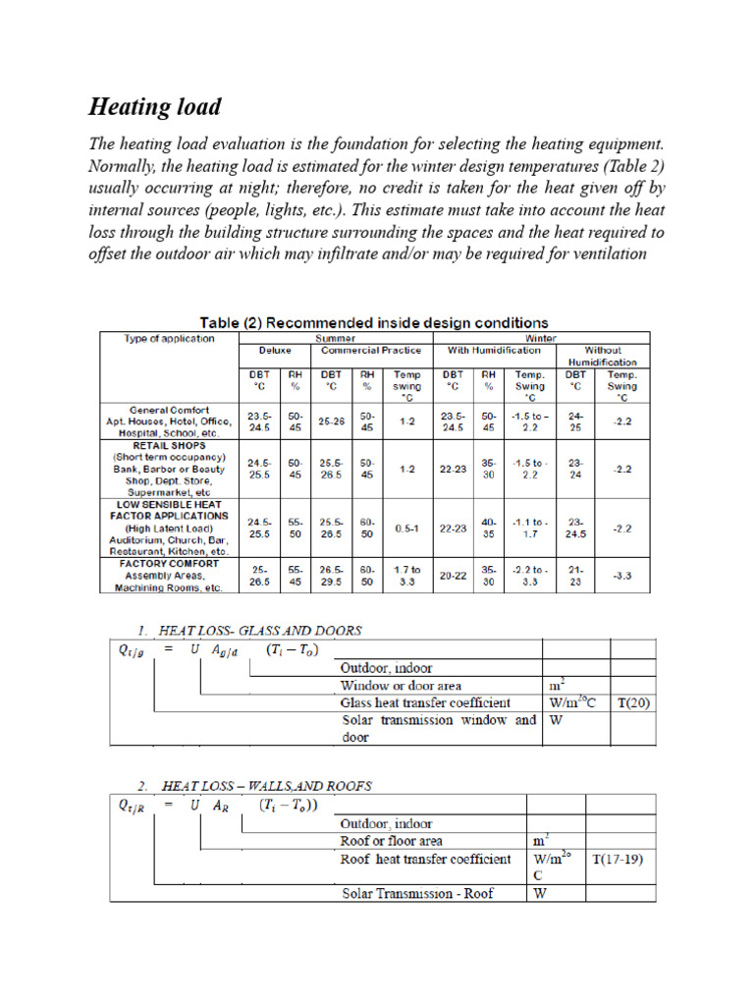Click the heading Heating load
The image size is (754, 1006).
(x=155, y=107)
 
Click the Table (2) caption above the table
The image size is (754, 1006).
(x=374, y=322)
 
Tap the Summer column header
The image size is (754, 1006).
(x=335, y=338)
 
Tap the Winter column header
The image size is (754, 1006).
(x=541, y=338)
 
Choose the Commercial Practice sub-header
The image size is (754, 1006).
(x=372, y=351)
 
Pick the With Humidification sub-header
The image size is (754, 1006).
(x=495, y=351)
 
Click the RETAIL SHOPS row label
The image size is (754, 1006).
(x=170, y=444)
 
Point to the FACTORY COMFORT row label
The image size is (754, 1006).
(x=170, y=564)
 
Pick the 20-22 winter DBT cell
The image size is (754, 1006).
(x=454, y=576)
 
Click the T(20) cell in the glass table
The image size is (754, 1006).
(x=632, y=703)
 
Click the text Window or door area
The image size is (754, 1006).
(x=401, y=685)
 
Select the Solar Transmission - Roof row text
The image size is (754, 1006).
(x=417, y=893)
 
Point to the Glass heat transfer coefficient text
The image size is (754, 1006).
(x=425, y=703)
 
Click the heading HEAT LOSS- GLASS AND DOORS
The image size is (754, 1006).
(x=247, y=630)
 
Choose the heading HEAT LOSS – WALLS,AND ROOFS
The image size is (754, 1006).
(x=253, y=785)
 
